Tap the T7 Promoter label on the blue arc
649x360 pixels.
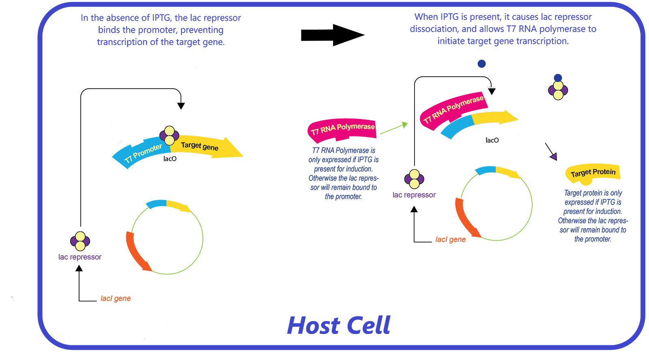click(x=143, y=153)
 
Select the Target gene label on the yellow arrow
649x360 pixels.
click(x=200, y=146)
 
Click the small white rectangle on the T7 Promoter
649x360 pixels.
click(x=136, y=141)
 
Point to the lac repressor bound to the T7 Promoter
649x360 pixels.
click(x=169, y=136)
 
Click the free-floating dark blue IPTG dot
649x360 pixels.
click(x=481, y=64)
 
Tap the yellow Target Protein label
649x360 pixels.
click(x=593, y=172)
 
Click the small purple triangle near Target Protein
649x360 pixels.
click(x=554, y=156)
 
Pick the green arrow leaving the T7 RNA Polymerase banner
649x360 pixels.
click(x=393, y=128)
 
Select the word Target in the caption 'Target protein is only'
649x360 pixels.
click(x=573, y=193)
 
